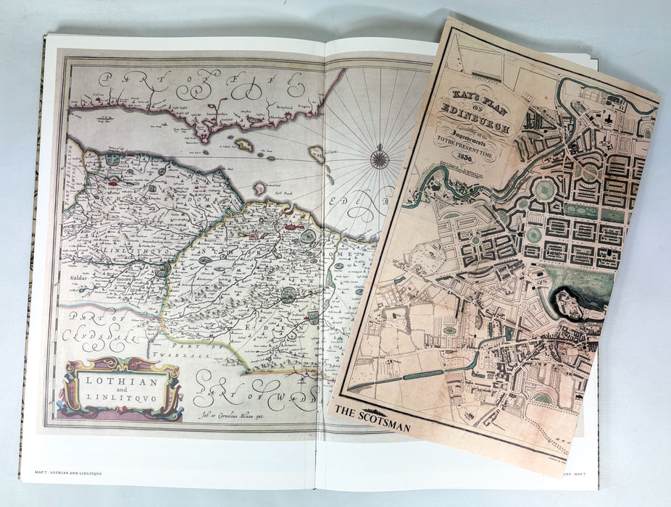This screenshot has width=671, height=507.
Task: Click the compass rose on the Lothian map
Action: [379, 156]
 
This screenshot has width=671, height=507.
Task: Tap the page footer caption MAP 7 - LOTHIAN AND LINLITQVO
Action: [68, 473]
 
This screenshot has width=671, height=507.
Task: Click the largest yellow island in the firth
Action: [243, 145]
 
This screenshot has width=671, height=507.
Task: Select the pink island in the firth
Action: [317, 154]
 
